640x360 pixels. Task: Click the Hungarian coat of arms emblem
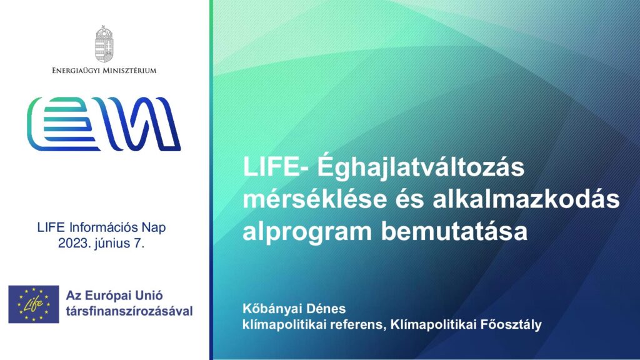104,44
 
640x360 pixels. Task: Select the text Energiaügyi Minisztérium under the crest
104,71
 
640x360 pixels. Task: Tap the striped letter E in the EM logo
64,124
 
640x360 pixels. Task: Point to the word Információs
104,227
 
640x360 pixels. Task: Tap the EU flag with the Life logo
34,304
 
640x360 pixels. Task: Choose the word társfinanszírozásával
129,311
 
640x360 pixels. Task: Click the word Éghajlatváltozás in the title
421,167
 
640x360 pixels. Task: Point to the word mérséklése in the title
315,199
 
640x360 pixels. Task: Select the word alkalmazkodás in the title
526,199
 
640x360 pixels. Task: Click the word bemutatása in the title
454,231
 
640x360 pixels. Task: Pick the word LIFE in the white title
271,167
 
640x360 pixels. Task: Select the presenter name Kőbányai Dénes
294,309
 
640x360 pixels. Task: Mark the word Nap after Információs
154,227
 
